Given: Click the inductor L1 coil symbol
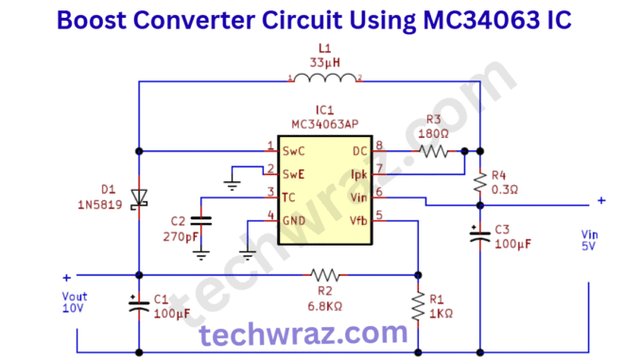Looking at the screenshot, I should click(324, 79).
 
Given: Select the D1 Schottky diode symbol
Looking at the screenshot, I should click(139, 197).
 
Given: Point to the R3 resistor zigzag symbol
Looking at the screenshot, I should click(435, 150).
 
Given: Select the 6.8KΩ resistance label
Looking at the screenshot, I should click(325, 306).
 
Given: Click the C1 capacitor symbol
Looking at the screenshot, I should click(139, 304).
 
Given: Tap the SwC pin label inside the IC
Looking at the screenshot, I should click(294, 148).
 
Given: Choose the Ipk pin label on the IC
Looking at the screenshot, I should click(358, 172).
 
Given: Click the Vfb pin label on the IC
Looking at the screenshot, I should click(358, 219).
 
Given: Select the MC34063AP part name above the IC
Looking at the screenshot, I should click(324, 123).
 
